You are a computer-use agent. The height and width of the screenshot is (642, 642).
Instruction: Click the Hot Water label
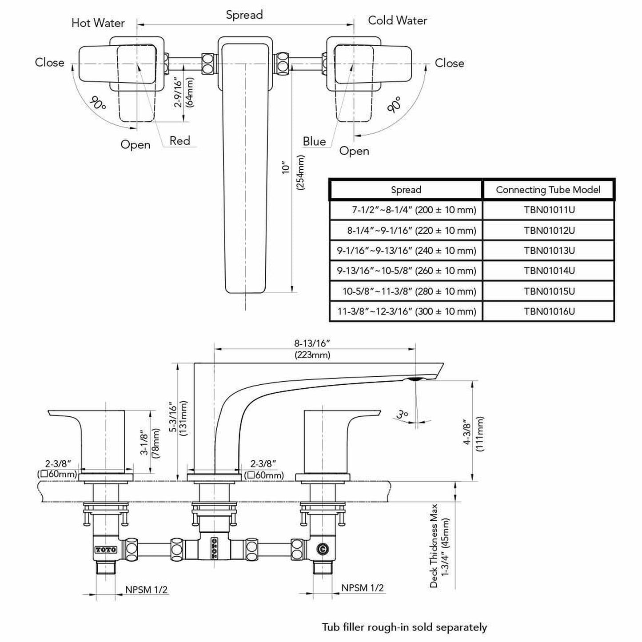tap(98, 23)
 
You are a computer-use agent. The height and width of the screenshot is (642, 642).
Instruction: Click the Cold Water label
tap(398, 20)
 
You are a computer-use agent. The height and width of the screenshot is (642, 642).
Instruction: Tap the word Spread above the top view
tap(244, 15)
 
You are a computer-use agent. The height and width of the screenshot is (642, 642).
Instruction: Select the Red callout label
tap(180, 141)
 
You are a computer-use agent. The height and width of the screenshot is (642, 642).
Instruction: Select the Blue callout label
tap(314, 141)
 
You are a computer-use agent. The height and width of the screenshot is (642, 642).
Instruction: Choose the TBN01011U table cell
tap(549, 210)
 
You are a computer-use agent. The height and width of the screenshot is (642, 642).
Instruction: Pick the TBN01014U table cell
tap(549, 271)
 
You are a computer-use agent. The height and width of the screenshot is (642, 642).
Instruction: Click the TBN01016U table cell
tap(549, 311)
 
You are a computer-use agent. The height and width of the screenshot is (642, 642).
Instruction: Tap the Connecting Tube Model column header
tap(548, 190)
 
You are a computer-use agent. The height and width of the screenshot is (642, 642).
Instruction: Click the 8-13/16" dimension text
tap(312, 343)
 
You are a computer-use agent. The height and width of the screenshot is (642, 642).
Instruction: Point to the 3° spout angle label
tap(403, 415)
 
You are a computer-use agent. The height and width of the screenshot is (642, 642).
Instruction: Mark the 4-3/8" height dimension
tap(467, 431)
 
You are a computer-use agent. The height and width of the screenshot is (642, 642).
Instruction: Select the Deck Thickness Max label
tap(434, 546)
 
